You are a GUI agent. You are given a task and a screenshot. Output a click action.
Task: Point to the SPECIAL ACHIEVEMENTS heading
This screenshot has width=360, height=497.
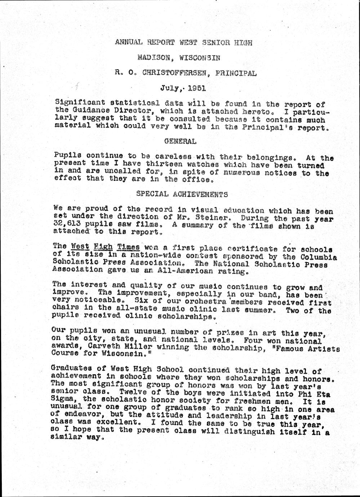(x=182, y=194)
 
